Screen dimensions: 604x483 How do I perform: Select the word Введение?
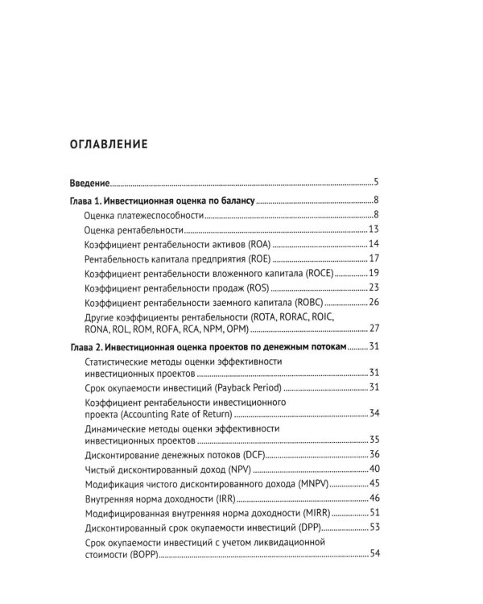pos(89,183)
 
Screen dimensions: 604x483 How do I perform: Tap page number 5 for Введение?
pos(376,183)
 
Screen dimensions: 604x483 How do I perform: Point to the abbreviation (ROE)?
pos(258,259)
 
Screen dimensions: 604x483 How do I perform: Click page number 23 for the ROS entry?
pos(374,288)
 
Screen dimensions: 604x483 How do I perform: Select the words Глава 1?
pos(89,201)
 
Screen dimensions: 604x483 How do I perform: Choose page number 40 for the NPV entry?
pos(374,470)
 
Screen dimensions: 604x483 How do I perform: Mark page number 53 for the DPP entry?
pos(374,527)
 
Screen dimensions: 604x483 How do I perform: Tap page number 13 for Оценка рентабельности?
pos(374,230)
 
